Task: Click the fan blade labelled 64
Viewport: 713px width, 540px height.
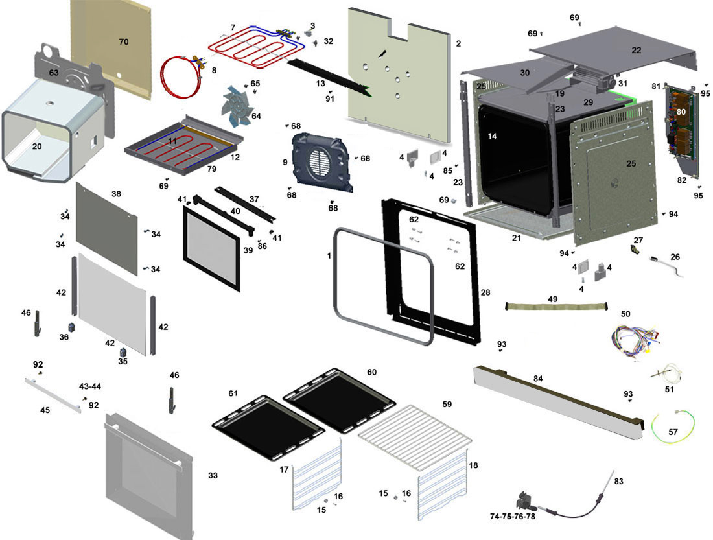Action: [240, 104]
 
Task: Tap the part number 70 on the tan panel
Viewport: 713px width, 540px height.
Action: [124, 42]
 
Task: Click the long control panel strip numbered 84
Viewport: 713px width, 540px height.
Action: [557, 399]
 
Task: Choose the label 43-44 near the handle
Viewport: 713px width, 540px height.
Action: [89, 387]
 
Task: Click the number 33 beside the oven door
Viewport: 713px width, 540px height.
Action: [213, 476]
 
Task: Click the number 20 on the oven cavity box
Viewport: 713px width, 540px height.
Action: [36, 147]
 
